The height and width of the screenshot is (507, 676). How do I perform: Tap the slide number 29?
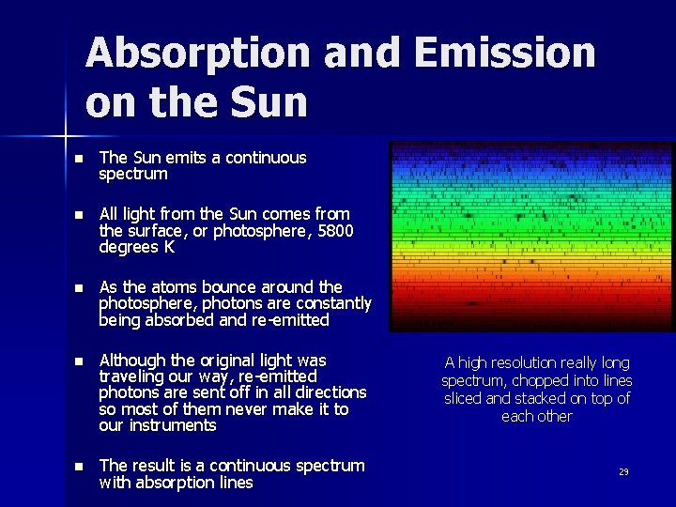pos(623,472)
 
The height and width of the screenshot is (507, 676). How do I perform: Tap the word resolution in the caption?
pos(518,362)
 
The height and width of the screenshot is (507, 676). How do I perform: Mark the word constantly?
pos(333,303)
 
